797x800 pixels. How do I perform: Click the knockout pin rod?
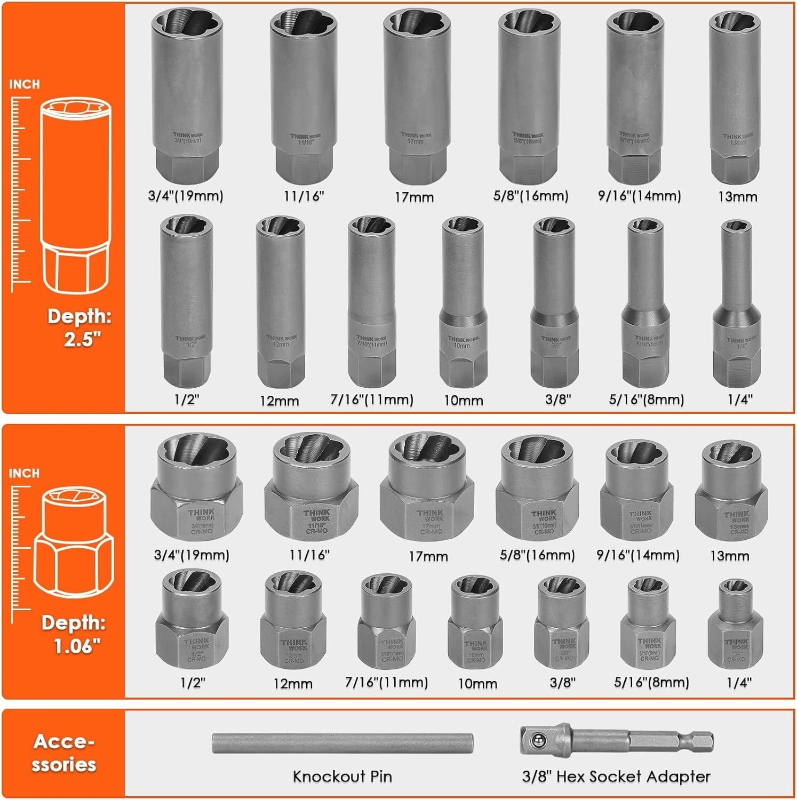pyautogui.click(x=342, y=743)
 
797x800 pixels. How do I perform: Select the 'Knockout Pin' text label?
pyautogui.click(x=342, y=776)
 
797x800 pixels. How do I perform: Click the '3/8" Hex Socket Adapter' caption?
pyautogui.click(x=616, y=776)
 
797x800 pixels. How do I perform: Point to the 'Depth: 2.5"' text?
pyautogui.click(x=79, y=327)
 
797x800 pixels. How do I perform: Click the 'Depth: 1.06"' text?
pyautogui.click(x=74, y=634)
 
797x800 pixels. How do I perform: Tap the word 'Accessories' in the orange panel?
pyautogui.click(x=63, y=753)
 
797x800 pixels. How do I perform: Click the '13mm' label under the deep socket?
pyautogui.click(x=737, y=196)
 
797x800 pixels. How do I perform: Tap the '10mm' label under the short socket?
pyautogui.click(x=477, y=683)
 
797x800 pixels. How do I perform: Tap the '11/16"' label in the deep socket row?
pyautogui.click(x=304, y=196)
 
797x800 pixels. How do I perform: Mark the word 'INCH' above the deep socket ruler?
pyautogui.click(x=24, y=84)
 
